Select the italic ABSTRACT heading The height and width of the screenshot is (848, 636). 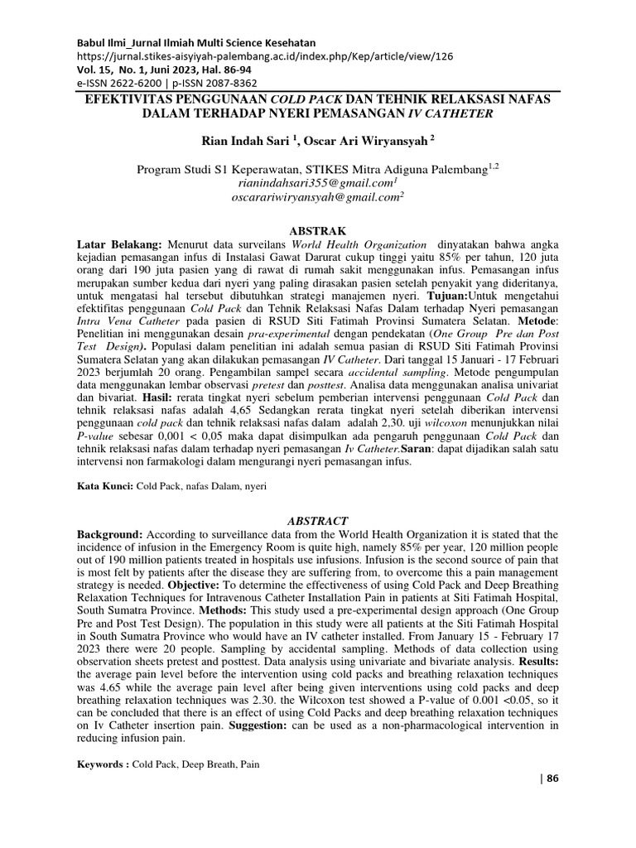pos(318,521)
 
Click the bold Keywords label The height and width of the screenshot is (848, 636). pos(103,764)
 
